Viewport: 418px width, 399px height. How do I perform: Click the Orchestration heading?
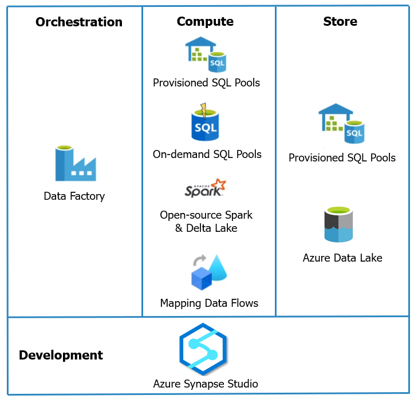pyautogui.click(x=79, y=22)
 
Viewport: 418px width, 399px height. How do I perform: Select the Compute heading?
pyautogui.click(x=205, y=22)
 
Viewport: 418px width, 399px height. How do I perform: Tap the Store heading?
pyautogui.click(x=340, y=22)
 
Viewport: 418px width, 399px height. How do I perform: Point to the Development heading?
pyautogui.click(x=61, y=355)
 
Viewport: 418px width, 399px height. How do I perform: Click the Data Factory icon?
pyautogui.click(x=75, y=163)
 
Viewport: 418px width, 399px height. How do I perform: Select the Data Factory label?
pyautogui.click(x=74, y=196)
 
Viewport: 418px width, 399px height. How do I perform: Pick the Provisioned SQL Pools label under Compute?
pyautogui.click(x=206, y=83)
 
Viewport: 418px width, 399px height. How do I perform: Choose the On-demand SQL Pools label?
pyautogui.click(x=207, y=155)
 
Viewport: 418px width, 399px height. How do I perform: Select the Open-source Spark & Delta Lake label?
pyautogui.click(x=206, y=222)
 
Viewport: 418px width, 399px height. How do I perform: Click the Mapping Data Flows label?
pyautogui.click(x=209, y=303)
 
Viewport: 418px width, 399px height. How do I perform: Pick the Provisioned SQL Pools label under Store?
pyautogui.click(x=342, y=158)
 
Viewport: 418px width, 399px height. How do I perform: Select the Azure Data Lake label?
pyautogui.click(x=342, y=258)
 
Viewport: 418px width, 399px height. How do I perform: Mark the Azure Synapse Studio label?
pyautogui.click(x=206, y=384)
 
